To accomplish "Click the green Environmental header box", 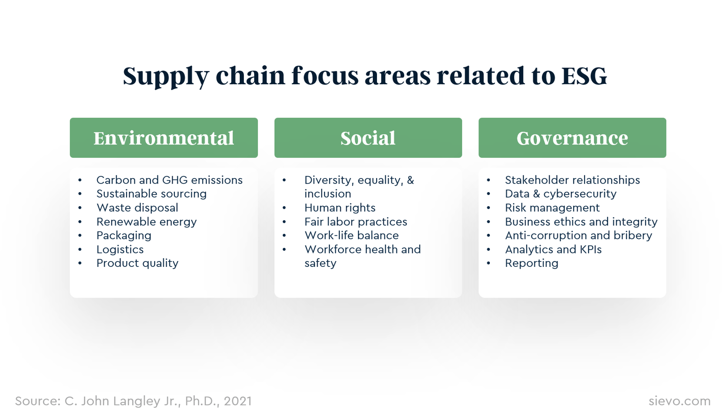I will [x=164, y=138].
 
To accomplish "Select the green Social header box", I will [x=368, y=138].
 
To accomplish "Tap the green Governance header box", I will [x=572, y=138].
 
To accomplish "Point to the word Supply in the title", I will [x=165, y=76].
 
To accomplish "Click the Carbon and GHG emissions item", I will [x=169, y=180].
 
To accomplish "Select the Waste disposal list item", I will [x=137, y=208].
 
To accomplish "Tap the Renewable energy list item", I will [x=146, y=222].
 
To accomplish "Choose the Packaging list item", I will [x=124, y=236].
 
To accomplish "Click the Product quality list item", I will [x=137, y=263].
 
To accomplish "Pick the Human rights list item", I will [x=340, y=208].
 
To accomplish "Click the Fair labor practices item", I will [x=356, y=222].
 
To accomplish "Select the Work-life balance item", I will [x=352, y=236].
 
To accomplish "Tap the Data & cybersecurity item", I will [x=561, y=194].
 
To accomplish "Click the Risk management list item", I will [x=552, y=208].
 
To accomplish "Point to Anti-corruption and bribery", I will [x=578, y=236].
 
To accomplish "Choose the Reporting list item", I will [x=532, y=263].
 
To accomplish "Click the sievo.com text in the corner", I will [x=679, y=401].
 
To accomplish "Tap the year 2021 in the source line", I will [x=237, y=401].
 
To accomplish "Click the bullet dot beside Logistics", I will [x=80, y=250].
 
